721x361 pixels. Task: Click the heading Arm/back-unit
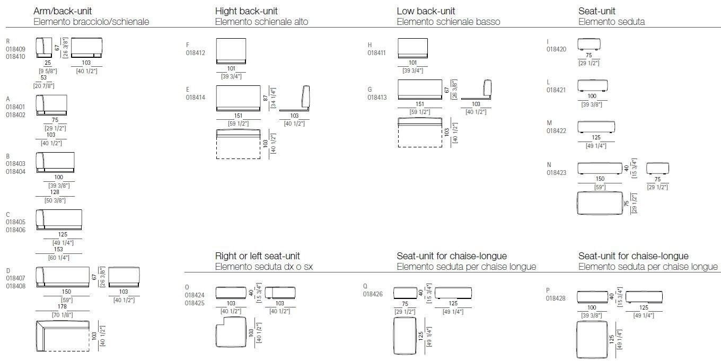click(x=63, y=11)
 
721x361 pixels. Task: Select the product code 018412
click(x=195, y=53)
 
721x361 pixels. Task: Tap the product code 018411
click(x=377, y=53)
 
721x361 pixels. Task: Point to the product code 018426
click(x=373, y=294)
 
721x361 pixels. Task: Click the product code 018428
click(x=556, y=298)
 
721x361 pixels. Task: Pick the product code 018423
click(x=556, y=172)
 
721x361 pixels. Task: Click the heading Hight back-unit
click(x=246, y=11)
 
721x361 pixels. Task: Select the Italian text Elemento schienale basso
click(x=448, y=22)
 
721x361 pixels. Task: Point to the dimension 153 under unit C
click(x=59, y=249)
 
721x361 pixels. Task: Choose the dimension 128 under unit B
click(x=55, y=192)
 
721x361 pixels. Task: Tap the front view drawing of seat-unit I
click(x=588, y=44)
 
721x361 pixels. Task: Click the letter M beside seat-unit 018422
click(x=549, y=123)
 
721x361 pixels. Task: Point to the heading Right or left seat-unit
click(x=258, y=256)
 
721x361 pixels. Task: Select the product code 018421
click(x=556, y=90)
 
